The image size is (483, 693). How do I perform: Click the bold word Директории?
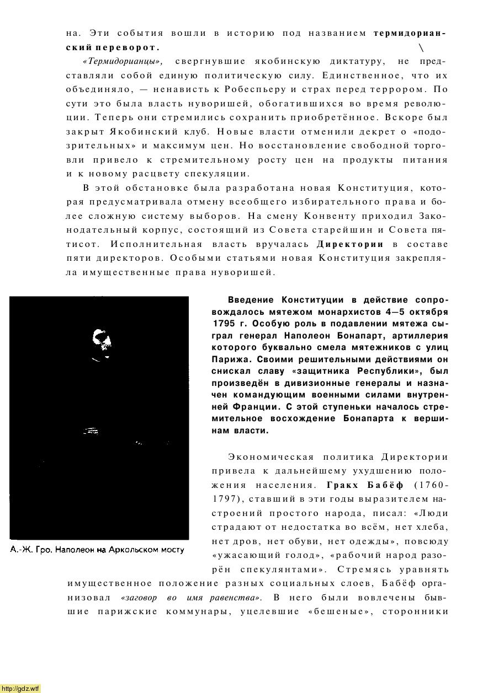[350, 244]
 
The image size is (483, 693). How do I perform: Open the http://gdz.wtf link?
[20, 688]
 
